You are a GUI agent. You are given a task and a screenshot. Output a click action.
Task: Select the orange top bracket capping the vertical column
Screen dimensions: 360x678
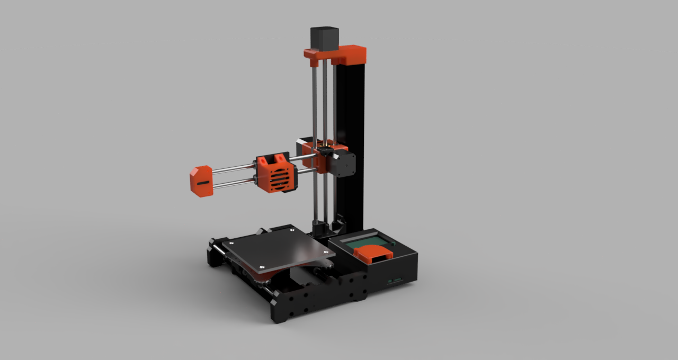click(x=350, y=53)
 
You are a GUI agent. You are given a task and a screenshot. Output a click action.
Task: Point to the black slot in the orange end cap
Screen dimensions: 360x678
click(x=202, y=183)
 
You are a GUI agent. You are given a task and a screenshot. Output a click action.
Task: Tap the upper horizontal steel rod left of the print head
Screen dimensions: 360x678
click(x=233, y=168)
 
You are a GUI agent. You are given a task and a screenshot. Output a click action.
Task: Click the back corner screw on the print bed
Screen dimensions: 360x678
click(x=292, y=231)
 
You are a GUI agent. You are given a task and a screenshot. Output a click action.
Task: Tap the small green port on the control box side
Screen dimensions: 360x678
click(x=394, y=280)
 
